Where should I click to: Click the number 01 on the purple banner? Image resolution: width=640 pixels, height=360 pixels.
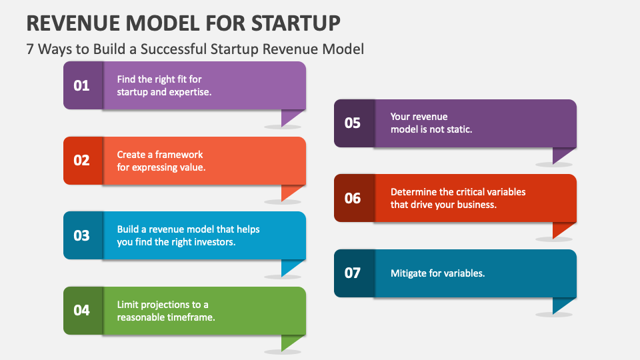(x=81, y=85)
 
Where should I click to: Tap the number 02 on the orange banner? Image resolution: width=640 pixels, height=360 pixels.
(x=81, y=161)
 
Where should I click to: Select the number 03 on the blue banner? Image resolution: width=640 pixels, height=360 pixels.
(x=81, y=235)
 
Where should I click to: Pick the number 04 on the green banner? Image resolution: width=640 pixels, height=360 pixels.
(x=81, y=311)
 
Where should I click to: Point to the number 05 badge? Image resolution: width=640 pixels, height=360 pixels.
(x=352, y=123)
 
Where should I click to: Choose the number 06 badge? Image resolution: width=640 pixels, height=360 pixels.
(x=352, y=198)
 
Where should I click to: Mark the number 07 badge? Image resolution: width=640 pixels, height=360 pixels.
(x=352, y=273)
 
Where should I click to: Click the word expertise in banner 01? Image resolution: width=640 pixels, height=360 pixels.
(x=190, y=92)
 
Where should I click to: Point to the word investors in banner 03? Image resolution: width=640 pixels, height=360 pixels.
(x=213, y=242)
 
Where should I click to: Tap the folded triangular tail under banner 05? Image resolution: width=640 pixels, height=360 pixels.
(x=562, y=155)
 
